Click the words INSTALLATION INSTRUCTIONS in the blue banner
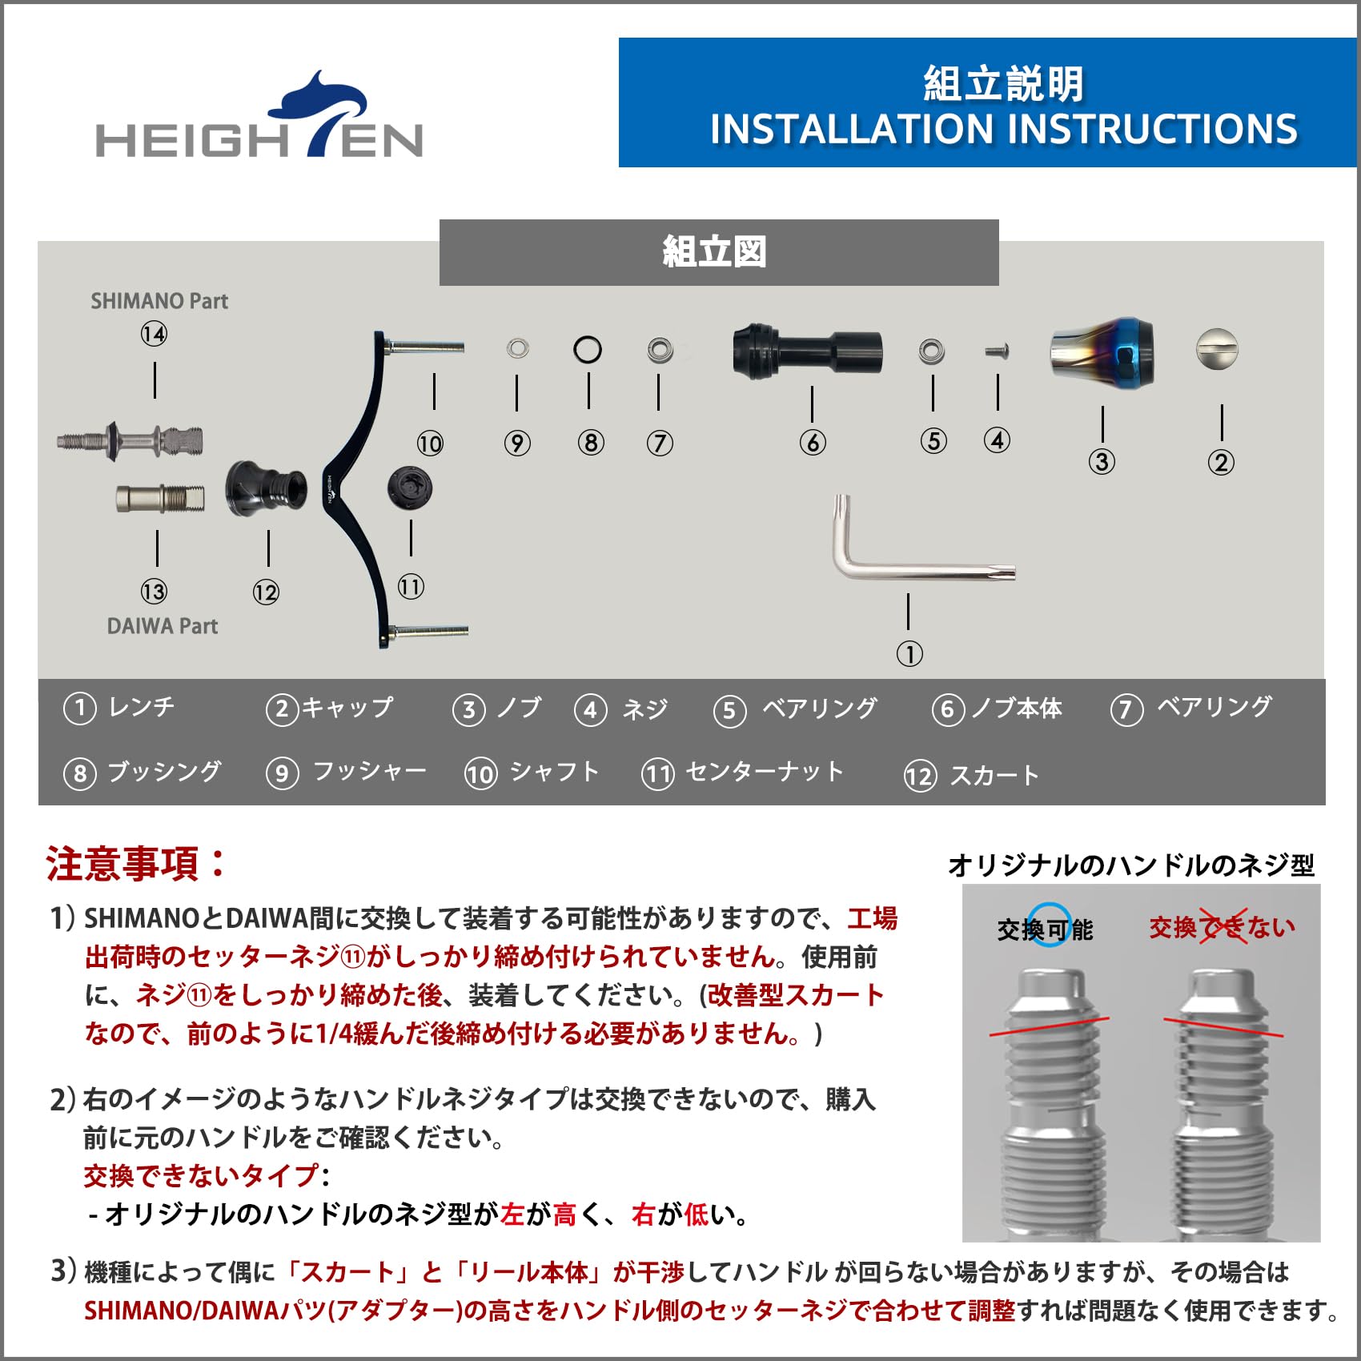[x=1003, y=130]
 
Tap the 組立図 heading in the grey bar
[x=714, y=252]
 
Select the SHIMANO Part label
[x=159, y=302]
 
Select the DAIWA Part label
[x=162, y=626]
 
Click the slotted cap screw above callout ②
[x=1217, y=349]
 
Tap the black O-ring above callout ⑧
[x=588, y=350]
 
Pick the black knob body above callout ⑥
[x=807, y=351]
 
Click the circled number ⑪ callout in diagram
[x=411, y=587]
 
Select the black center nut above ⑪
[x=410, y=488]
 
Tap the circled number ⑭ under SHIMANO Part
[x=154, y=334]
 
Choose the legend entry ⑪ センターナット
[x=743, y=773]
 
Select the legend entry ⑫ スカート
[x=971, y=776]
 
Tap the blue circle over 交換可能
[x=1049, y=925]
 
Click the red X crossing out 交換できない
[x=1222, y=928]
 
